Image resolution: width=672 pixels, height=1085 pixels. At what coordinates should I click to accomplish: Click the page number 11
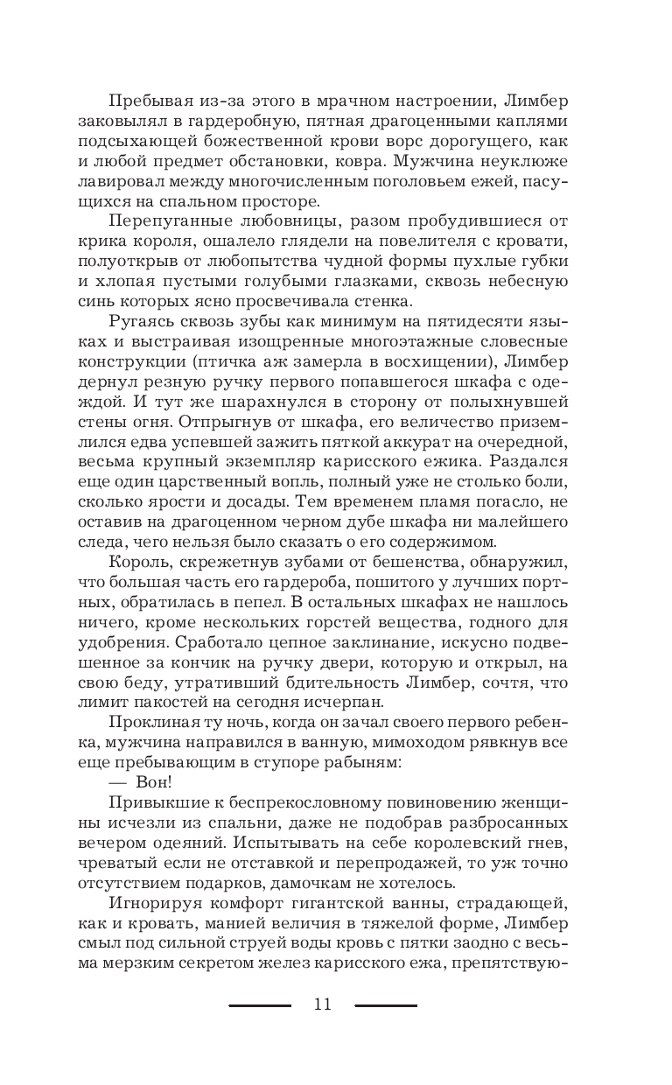[323, 1004]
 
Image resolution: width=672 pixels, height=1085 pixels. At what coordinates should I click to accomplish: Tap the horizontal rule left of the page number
[260, 1005]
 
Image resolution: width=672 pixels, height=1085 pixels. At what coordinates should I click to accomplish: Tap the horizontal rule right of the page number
[386, 1005]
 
